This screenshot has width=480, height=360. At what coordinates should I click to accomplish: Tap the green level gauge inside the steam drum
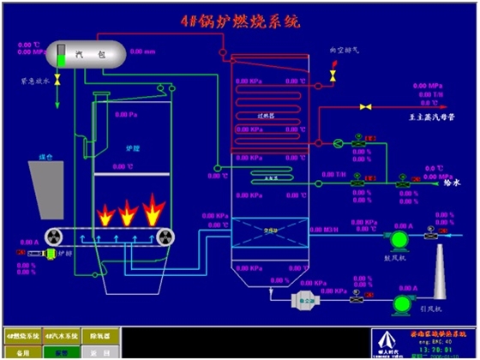pyautogui.click(x=62, y=55)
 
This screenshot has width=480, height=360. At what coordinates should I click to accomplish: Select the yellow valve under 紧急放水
pyautogui.click(x=57, y=80)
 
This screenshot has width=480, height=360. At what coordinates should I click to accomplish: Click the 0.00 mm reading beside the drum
pyautogui.click(x=145, y=52)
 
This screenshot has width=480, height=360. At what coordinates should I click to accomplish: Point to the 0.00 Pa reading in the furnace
pyautogui.click(x=125, y=113)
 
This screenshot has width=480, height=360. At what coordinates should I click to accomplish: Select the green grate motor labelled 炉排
pyautogui.click(x=52, y=254)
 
